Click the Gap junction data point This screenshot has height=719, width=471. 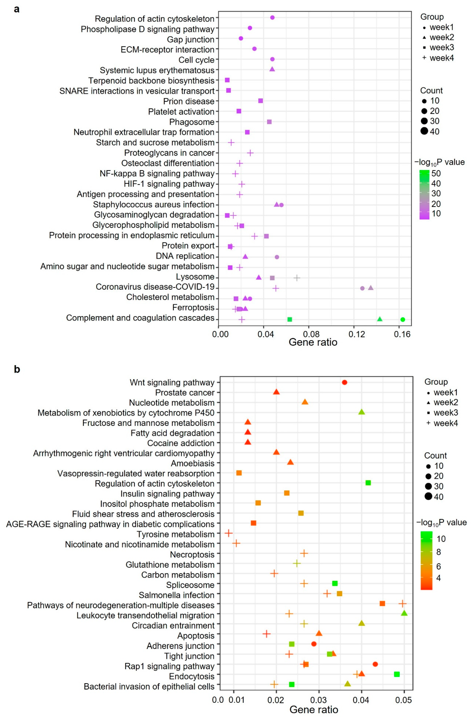pos(241,38)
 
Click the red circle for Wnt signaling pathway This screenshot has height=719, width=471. pos(345,383)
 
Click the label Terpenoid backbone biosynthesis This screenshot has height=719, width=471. pos(151,81)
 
